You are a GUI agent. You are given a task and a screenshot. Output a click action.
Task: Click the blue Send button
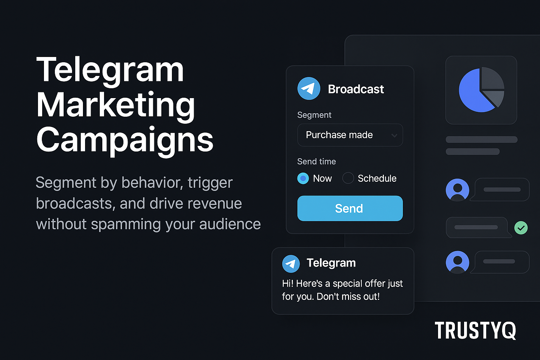click(x=350, y=208)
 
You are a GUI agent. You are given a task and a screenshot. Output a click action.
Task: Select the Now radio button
click(x=303, y=179)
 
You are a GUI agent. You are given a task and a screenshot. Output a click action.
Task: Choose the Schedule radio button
click(x=348, y=178)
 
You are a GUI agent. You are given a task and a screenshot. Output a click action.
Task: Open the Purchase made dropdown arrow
click(x=394, y=135)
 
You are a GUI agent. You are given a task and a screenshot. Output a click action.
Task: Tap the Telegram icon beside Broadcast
click(x=309, y=89)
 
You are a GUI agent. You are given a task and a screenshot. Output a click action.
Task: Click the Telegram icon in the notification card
click(x=291, y=264)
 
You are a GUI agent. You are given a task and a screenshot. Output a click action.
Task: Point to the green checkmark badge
click(x=521, y=227)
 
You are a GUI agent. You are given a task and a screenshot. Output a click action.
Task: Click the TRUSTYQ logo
click(x=475, y=330)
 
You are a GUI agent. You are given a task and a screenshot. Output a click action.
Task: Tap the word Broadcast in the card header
click(x=355, y=89)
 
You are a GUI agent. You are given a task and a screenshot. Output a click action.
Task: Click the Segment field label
click(x=314, y=115)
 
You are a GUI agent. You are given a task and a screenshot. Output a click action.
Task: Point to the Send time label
click(x=316, y=161)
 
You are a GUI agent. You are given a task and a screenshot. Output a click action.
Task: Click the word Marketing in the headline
click(x=115, y=105)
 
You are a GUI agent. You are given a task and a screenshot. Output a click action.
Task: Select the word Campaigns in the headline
click(x=125, y=140)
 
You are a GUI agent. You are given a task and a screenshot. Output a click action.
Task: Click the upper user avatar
click(x=457, y=190)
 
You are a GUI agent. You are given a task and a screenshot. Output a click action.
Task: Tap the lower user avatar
click(x=457, y=262)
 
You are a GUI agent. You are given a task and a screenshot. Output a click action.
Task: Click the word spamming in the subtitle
click(x=126, y=225)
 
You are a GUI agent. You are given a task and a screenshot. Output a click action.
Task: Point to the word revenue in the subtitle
click(x=214, y=204)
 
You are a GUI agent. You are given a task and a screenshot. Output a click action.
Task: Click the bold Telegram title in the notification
click(x=331, y=263)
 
